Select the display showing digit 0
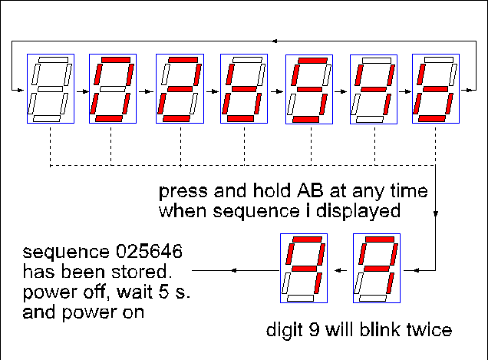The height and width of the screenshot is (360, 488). (x=113, y=88)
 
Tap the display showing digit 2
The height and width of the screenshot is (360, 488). (x=179, y=88)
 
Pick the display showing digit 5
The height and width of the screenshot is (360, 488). (x=243, y=88)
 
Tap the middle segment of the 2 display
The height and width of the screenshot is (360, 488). (x=179, y=89)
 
